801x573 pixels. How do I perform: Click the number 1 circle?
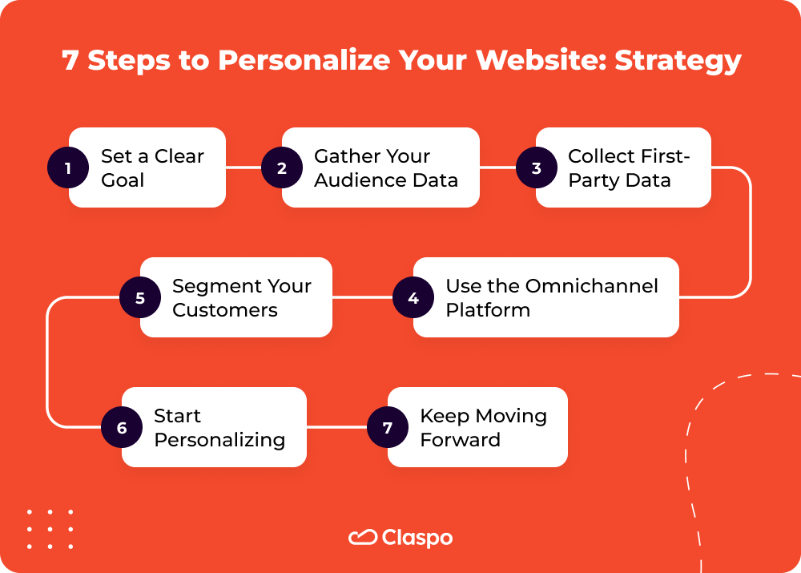click(x=68, y=168)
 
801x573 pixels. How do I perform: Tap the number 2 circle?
click(x=282, y=168)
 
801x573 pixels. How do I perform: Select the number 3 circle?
click(x=536, y=168)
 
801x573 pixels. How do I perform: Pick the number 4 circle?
click(x=413, y=298)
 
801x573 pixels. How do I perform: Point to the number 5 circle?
click(x=140, y=298)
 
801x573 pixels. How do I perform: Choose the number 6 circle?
click(x=122, y=428)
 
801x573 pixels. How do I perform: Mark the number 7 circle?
click(x=388, y=428)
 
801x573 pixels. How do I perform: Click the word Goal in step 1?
click(x=123, y=180)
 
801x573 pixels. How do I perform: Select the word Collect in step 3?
click(x=601, y=156)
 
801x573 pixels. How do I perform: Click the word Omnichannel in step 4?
click(x=591, y=286)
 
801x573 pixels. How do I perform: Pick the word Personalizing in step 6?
click(x=219, y=440)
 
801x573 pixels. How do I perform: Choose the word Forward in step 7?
click(x=460, y=440)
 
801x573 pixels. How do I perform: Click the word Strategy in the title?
click(x=678, y=62)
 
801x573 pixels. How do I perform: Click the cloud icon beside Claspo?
click(x=363, y=537)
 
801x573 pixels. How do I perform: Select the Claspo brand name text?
click(x=417, y=538)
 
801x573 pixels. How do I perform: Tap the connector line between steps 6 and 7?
click(x=336, y=427)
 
